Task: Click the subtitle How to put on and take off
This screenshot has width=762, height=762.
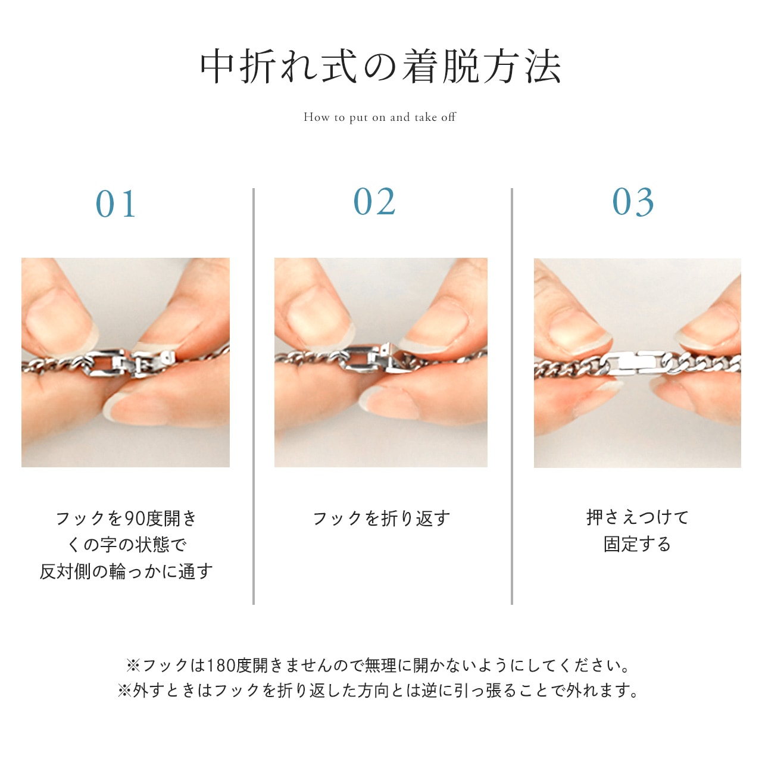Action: [x=380, y=117]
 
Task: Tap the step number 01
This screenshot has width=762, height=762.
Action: [x=116, y=204]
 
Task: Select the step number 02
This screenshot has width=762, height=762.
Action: [x=374, y=202]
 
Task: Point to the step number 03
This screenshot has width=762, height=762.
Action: [x=633, y=202]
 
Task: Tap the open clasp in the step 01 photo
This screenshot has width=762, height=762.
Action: [x=129, y=363]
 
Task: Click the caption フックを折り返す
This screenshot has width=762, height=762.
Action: [x=381, y=519]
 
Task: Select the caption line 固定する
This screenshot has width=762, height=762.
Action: [x=637, y=544]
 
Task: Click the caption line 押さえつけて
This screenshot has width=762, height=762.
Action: [x=638, y=517]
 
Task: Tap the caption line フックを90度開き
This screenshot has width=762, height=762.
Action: [x=126, y=519]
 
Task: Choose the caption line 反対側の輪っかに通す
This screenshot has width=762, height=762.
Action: [x=126, y=571]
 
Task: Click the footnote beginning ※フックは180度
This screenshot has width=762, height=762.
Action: [x=377, y=666]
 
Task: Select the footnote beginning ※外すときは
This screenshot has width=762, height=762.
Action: [x=377, y=691]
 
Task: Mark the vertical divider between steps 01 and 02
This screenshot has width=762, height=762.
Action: [x=254, y=396]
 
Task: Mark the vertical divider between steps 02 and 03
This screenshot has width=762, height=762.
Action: [x=512, y=396]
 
